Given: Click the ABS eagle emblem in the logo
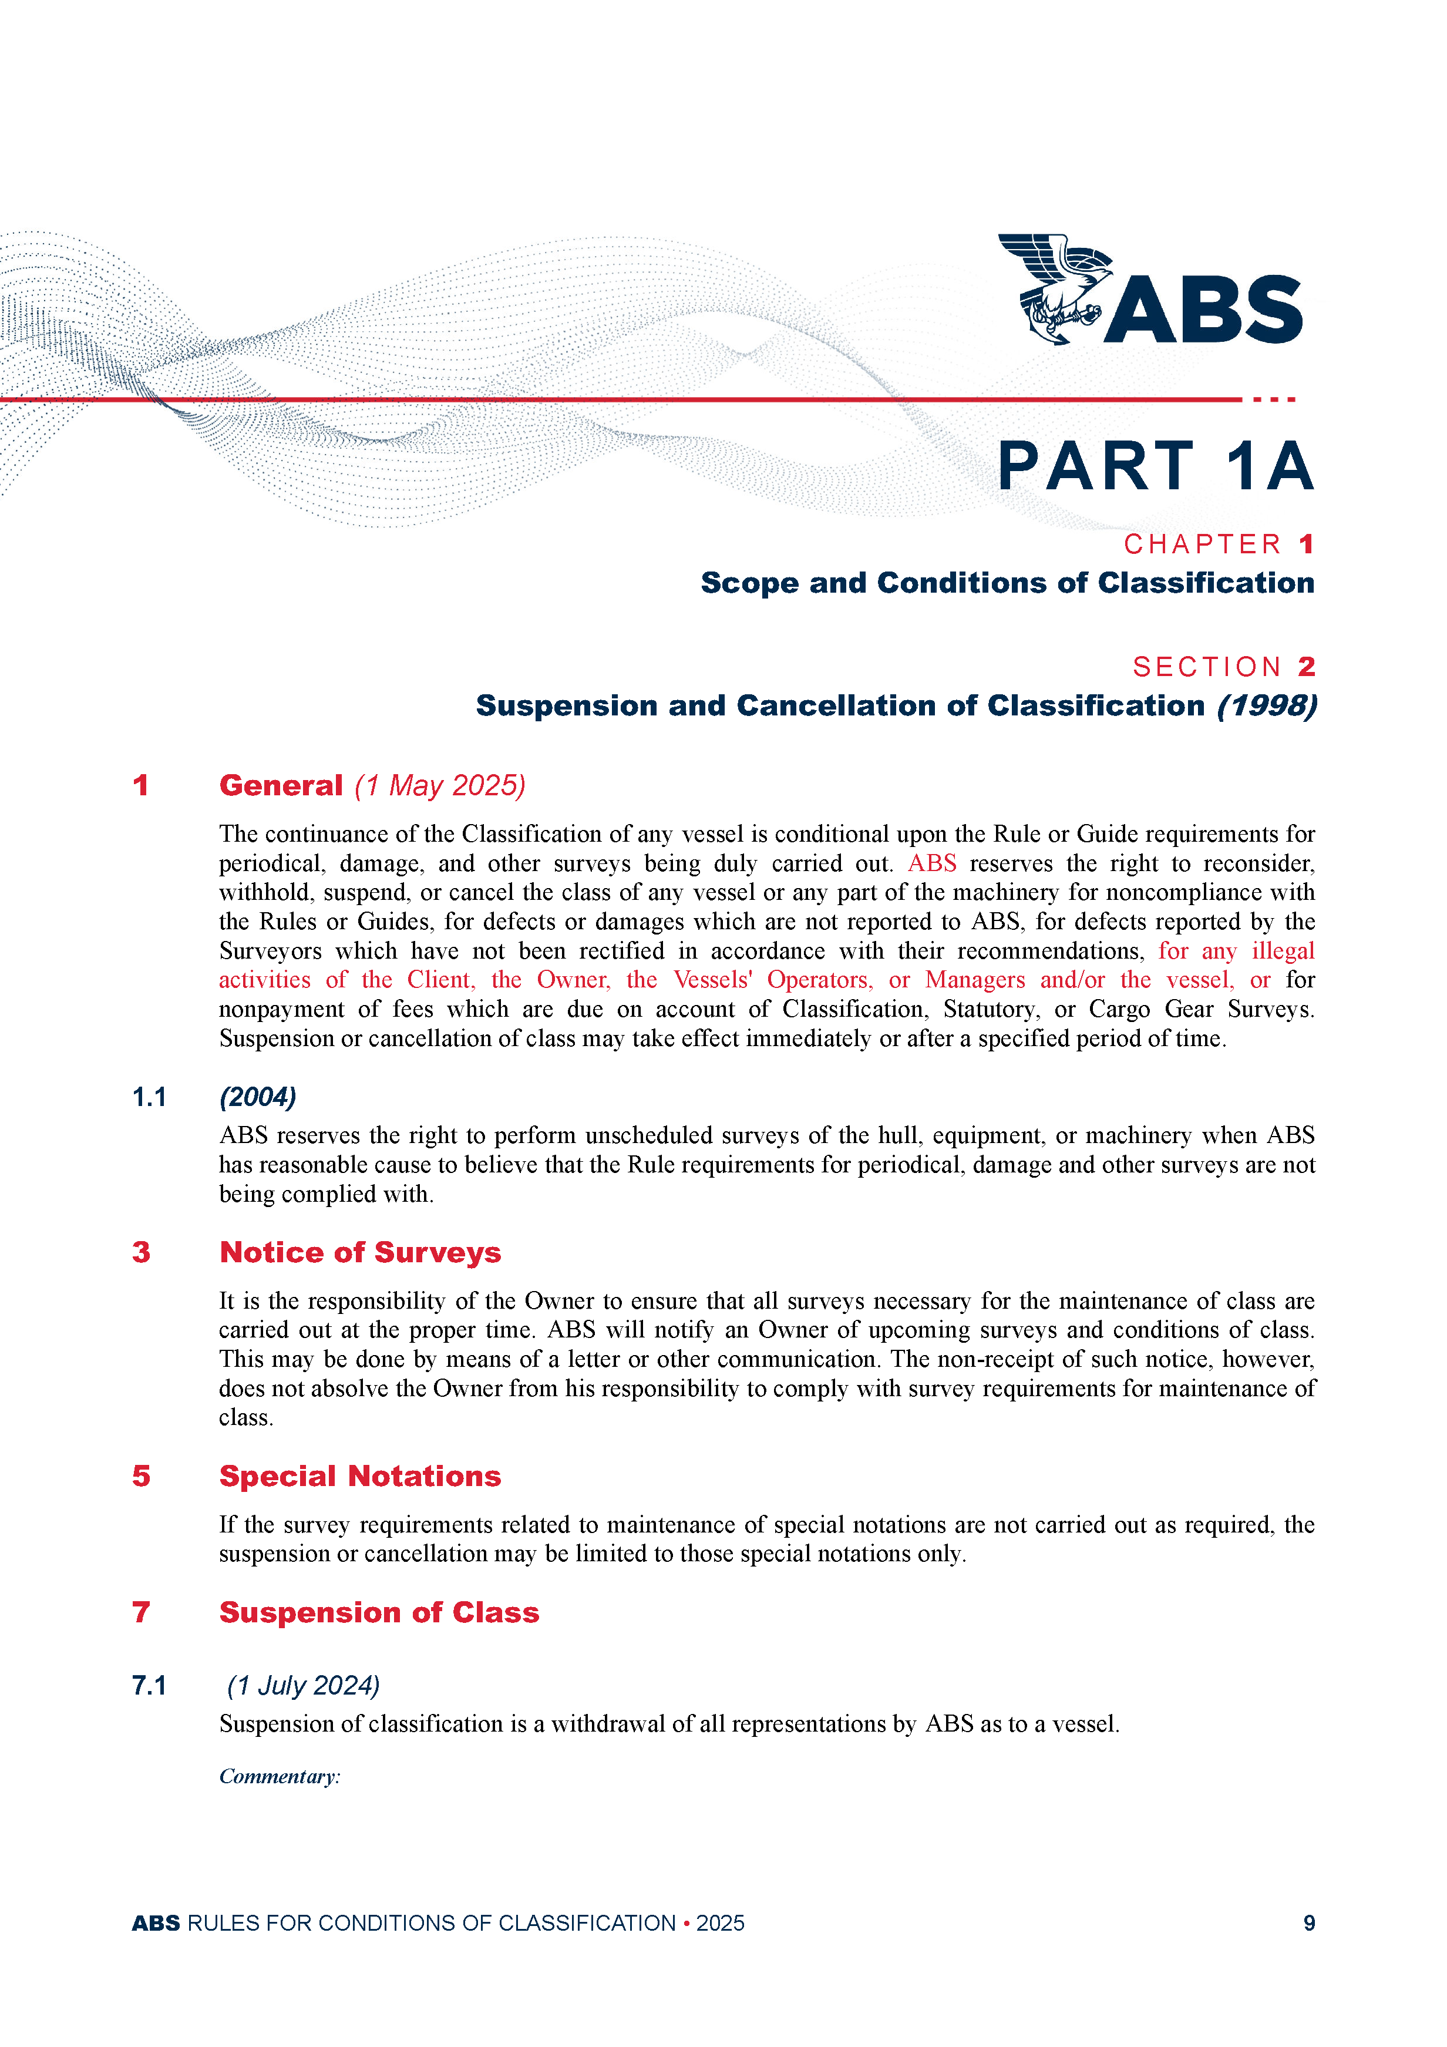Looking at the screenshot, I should click(x=1055, y=288).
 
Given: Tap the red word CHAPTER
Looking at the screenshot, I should click(x=1202, y=544).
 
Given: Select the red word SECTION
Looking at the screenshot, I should click(x=1207, y=667).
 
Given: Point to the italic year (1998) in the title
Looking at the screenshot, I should click(x=1267, y=706).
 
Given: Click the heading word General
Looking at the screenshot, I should click(x=281, y=785).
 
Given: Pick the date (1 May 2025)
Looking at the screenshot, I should click(x=439, y=785).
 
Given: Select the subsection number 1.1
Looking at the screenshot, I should click(x=149, y=1097).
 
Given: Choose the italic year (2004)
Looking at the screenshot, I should click(x=258, y=1097).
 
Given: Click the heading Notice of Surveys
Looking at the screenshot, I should click(x=360, y=1253).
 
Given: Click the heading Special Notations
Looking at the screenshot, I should click(x=360, y=1477).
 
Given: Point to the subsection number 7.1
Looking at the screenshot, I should click(x=149, y=1686).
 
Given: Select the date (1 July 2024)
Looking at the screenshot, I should click(x=303, y=1686).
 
